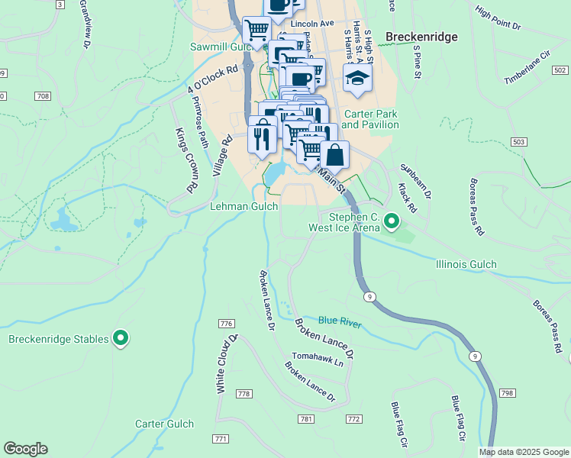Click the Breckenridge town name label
pos(421,37)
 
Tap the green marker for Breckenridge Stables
pos(121,337)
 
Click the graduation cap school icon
pos(356,78)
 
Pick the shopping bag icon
pos(334,155)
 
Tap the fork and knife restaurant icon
pos(262,137)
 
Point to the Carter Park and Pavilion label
pos(370,119)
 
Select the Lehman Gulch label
pos(244,206)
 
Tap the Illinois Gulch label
pos(466,264)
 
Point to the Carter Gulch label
pos(165,424)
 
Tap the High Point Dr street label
pos(497,21)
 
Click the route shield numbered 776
pos(225,324)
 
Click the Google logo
pos(25,449)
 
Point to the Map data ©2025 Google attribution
pos(523,452)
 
